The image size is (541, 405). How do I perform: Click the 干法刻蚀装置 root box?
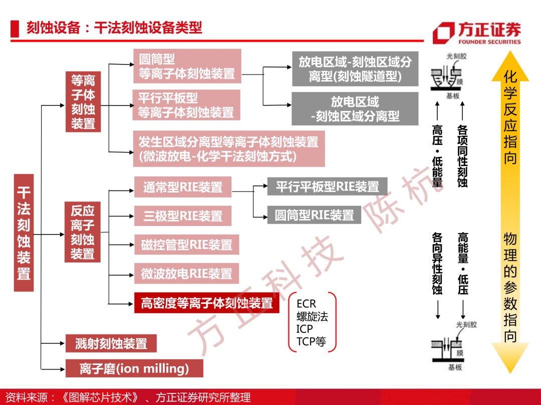point(24,233)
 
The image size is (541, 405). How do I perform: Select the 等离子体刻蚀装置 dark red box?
point(83,101)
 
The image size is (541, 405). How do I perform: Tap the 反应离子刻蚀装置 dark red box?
point(83,232)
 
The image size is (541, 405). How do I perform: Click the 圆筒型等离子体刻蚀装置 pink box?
point(187,66)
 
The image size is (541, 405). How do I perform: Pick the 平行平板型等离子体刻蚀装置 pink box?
point(186,105)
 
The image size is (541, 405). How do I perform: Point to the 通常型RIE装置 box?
point(183,187)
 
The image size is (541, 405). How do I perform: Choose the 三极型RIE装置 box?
point(183,216)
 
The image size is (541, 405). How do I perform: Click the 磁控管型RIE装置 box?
point(187,245)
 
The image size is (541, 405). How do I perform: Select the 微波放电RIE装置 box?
point(187,274)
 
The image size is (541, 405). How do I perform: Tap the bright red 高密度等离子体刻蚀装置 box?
point(207,303)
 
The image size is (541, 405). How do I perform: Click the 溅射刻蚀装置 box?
point(111,343)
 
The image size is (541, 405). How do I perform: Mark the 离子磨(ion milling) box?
point(134,368)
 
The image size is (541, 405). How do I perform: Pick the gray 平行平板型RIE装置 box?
point(328,186)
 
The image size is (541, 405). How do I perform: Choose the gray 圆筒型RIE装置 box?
point(314,215)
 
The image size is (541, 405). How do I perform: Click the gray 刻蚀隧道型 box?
point(355,69)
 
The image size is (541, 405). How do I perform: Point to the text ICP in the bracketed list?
point(305,329)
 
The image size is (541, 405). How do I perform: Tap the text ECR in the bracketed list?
point(307,304)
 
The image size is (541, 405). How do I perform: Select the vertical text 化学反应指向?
point(510,117)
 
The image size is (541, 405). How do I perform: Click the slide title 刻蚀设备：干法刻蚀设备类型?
point(114,27)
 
